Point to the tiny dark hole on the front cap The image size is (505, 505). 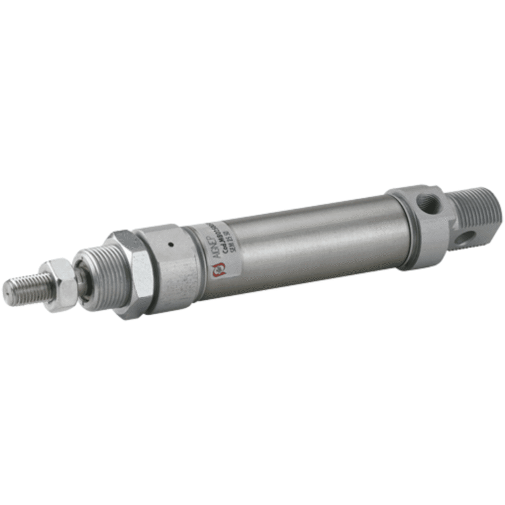pos(170,245)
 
